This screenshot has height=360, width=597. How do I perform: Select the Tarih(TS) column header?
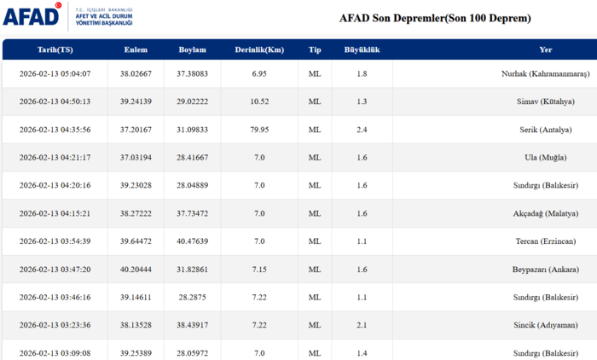tap(55, 49)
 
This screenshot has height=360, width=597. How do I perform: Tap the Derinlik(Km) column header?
tap(259, 49)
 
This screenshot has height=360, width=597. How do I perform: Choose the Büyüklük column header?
tap(362, 49)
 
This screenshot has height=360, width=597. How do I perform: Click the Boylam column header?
tap(192, 49)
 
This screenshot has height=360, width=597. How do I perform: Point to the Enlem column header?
tap(136, 49)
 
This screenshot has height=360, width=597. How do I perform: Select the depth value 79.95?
tap(259, 130)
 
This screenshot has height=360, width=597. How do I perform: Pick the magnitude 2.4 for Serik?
tap(362, 130)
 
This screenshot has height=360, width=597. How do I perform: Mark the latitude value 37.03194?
tap(136, 158)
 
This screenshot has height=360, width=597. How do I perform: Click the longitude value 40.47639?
tap(192, 241)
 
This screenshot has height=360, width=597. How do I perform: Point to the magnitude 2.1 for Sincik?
tap(362, 325)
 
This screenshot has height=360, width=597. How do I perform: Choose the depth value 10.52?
tap(259, 102)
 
